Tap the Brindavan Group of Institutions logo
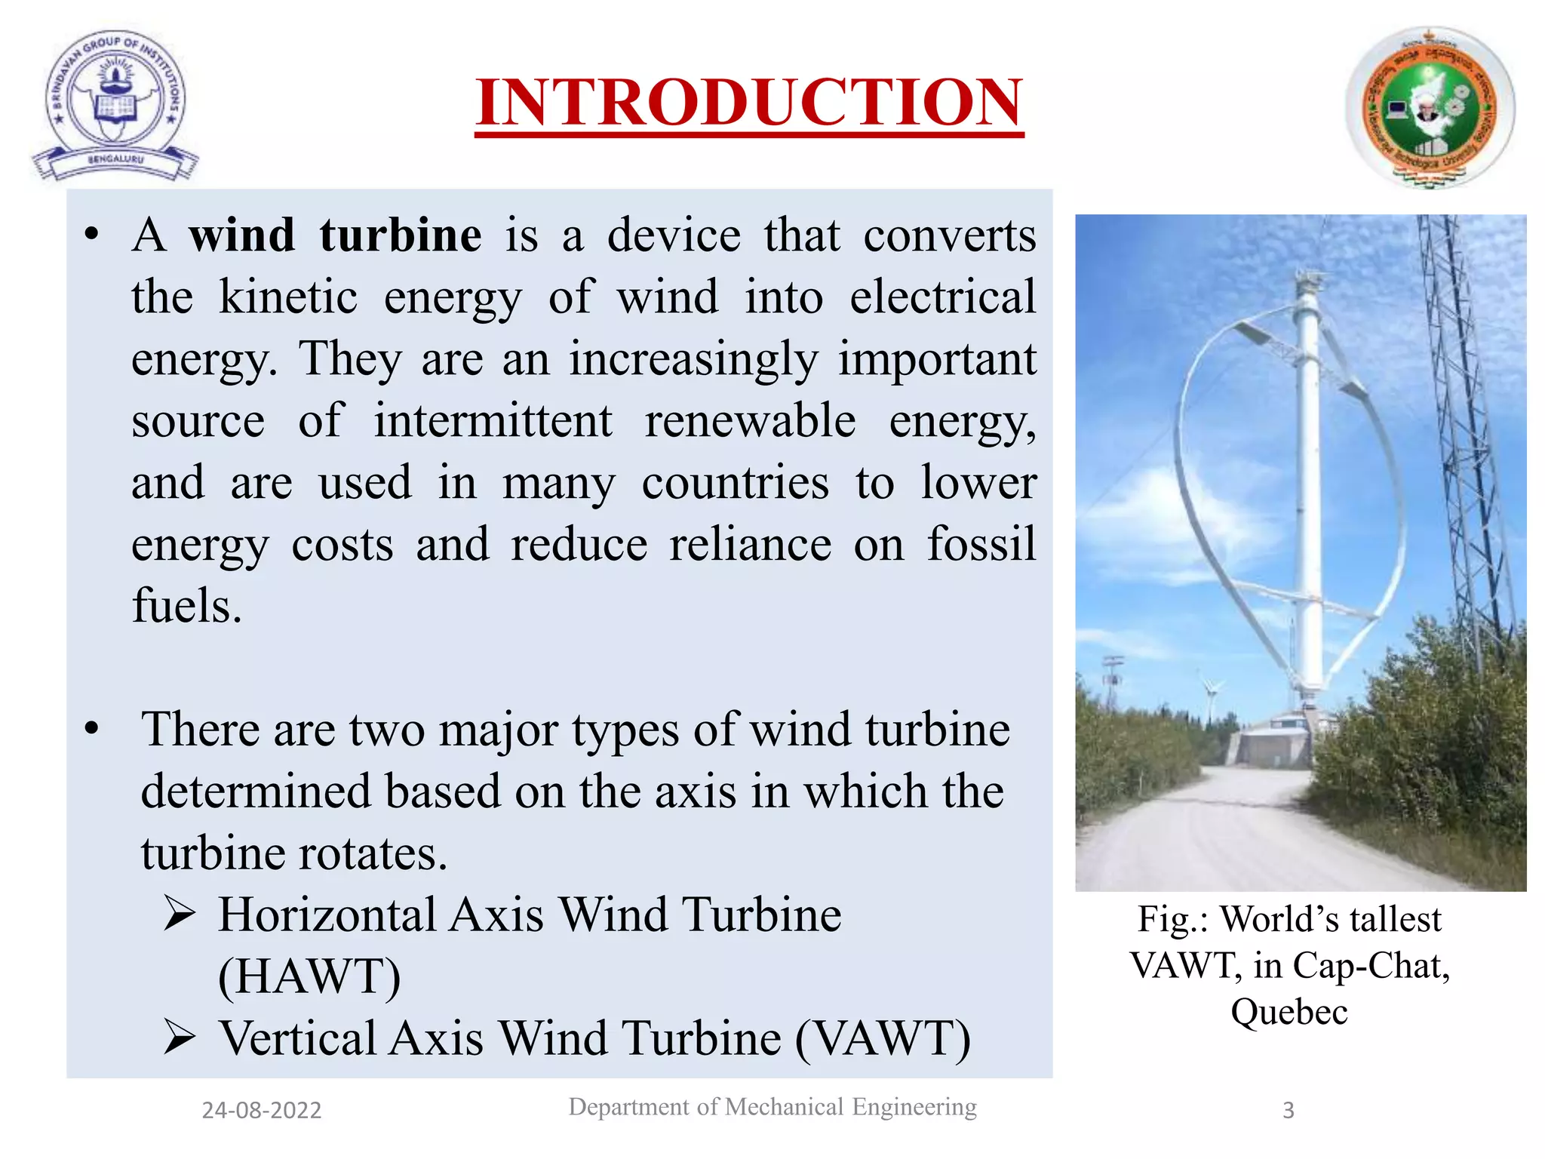(115, 106)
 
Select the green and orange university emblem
(1430, 108)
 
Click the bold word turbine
(401, 235)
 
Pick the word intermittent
(493, 420)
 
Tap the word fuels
(186, 606)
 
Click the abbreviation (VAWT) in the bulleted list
(883, 1038)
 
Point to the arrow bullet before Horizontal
(180, 915)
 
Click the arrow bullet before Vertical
(180, 1038)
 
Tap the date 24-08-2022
(262, 1110)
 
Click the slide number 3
(1289, 1110)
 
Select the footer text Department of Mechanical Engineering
(772, 1107)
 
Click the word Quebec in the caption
(1289, 1012)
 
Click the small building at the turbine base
(1275, 743)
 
